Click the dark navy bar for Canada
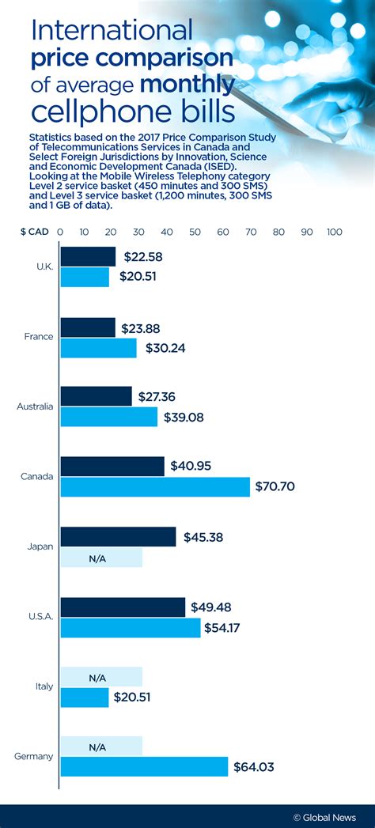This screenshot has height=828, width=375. (112, 466)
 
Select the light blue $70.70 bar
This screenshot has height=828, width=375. (155, 486)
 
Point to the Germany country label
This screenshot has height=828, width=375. (34, 756)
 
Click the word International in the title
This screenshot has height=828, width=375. (112, 31)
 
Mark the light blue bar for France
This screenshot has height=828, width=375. (98, 348)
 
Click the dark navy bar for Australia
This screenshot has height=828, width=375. (96, 396)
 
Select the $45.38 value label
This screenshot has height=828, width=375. (203, 537)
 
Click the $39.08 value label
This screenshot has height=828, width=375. (184, 417)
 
